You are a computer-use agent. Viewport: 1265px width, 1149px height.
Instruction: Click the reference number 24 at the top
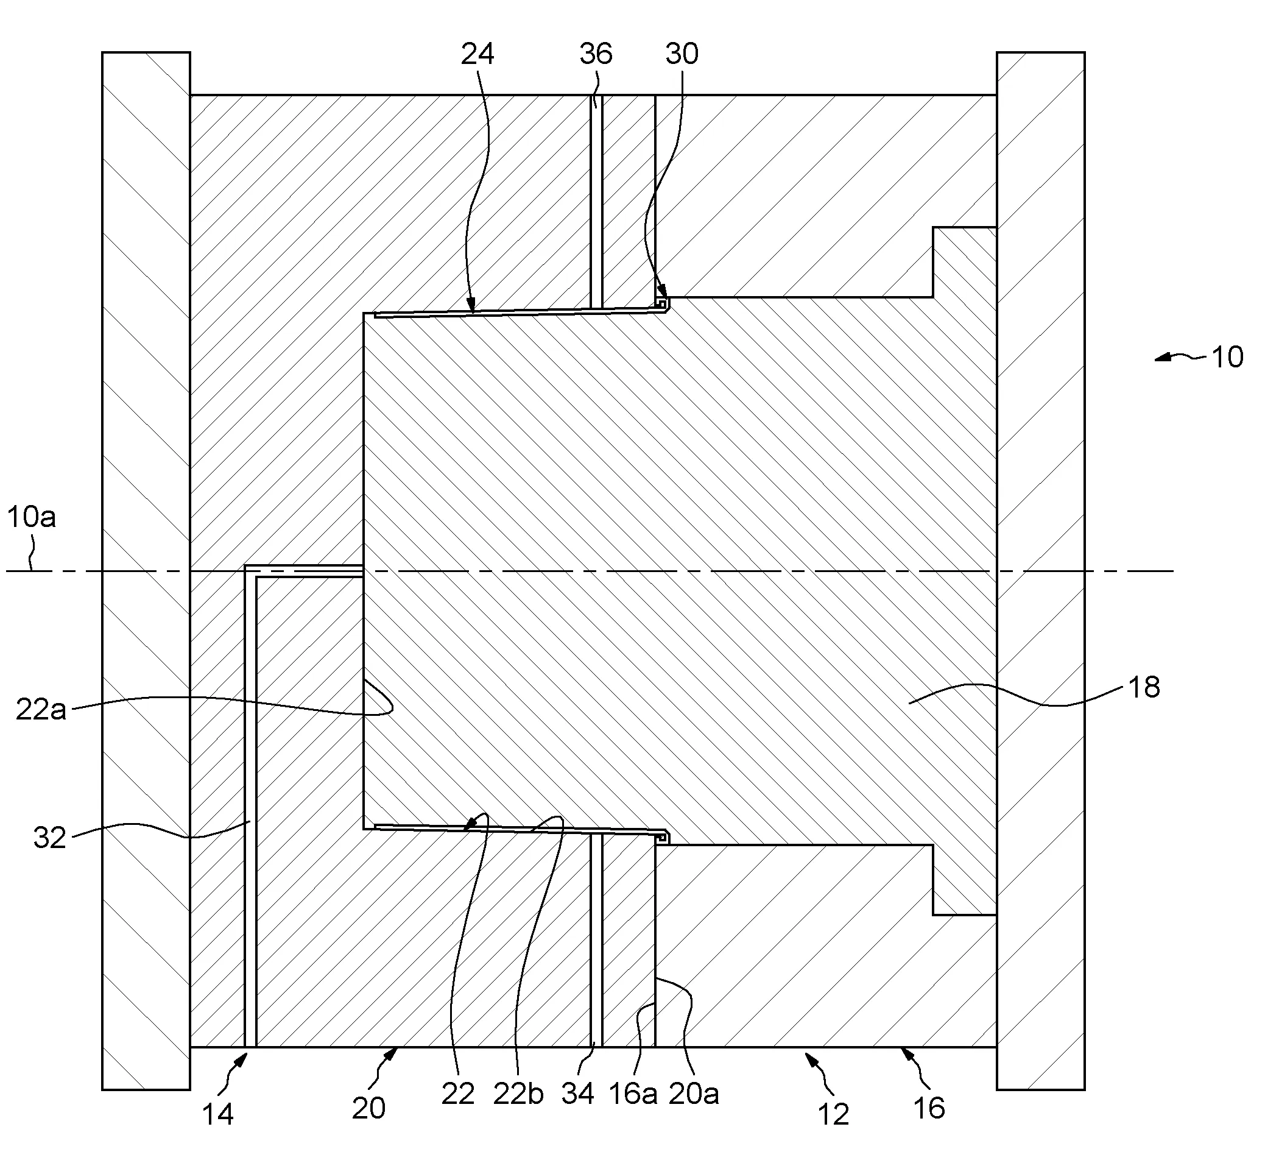pos(477,55)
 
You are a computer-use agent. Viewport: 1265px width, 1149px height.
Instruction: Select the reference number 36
pos(596,55)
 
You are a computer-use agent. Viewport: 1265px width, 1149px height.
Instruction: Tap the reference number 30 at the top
pos(682,55)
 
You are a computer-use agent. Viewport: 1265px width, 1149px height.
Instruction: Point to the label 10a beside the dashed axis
pos(32,517)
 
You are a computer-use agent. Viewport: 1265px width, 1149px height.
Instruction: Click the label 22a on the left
pos(41,710)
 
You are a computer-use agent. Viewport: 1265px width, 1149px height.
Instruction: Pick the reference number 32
pos(49,838)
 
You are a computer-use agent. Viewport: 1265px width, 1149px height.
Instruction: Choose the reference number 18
pos(1144,688)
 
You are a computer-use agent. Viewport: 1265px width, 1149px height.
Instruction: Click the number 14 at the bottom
pos(217,1114)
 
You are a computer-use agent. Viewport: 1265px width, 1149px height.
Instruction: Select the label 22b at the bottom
pos(518,1094)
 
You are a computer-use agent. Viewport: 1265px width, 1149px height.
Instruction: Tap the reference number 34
pos(578,1094)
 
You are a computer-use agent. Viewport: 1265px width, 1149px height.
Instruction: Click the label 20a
pos(694,1094)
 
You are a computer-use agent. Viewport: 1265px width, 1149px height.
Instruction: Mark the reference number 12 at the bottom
pos(833,1114)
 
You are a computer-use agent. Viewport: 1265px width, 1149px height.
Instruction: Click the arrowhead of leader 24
pos(473,307)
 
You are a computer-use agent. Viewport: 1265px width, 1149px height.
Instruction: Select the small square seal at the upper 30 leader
pos(661,303)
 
